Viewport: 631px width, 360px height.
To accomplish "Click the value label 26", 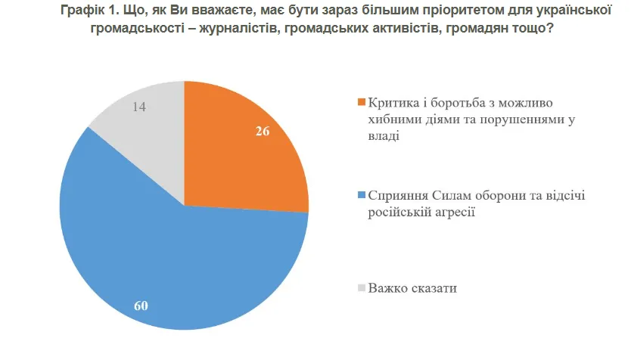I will pos(263,130).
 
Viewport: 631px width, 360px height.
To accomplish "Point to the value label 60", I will pos(140,306).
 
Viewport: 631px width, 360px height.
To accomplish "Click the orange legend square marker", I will pos(362,102).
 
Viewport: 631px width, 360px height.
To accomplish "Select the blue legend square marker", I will pos(362,196).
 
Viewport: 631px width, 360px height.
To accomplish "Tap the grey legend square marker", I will pos(362,289).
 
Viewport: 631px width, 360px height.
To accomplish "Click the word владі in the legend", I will pos(383,137).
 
